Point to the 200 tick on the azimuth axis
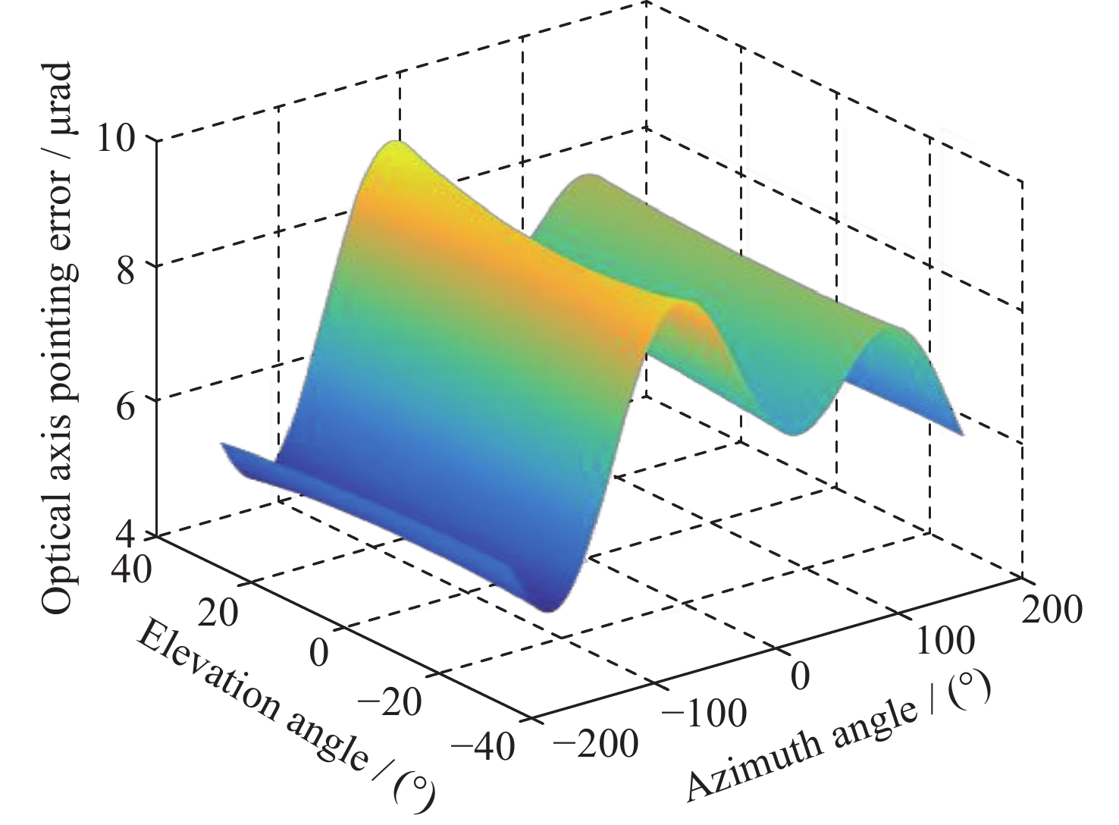[1052, 608]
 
